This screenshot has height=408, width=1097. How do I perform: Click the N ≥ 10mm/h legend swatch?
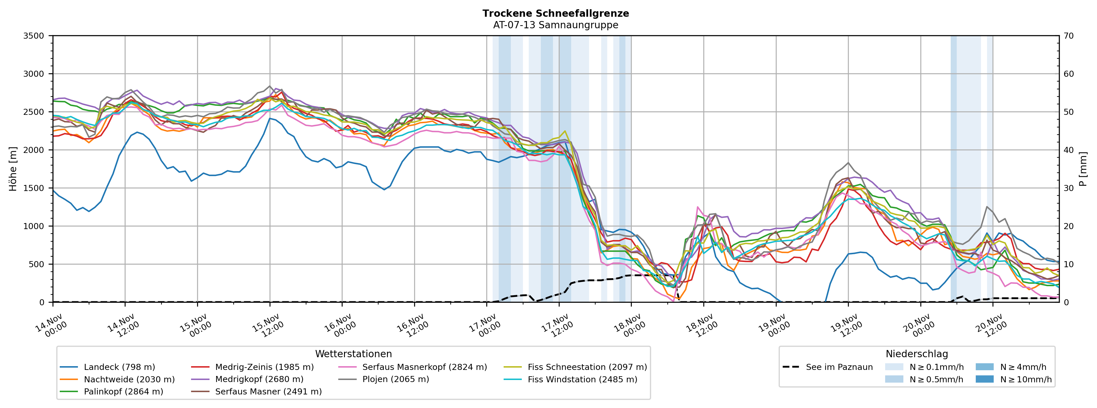click(x=984, y=379)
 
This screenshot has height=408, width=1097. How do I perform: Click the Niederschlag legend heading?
click(x=916, y=354)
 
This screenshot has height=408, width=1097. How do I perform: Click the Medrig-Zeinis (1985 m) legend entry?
click(x=264, y=367)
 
